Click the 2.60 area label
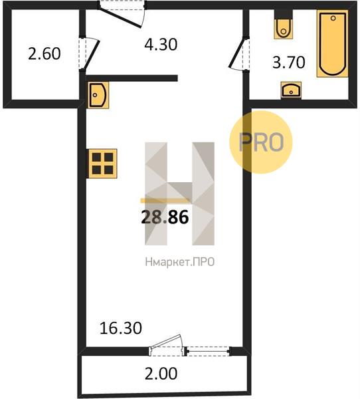(x=45, y=54)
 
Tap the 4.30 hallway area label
(x=161, y=45)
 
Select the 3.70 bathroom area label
(x=288, y=63)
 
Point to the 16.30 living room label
(x=121, y=329)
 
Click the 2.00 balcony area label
(x=161, y=374)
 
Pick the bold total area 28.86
(x=165, y=217)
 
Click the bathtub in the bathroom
(x=332, y=43)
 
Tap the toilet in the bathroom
(x=284, y=27)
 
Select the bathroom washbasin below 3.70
(x=291, y=90)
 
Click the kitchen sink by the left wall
(x=98, y=95)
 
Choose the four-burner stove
(x=102, y=164)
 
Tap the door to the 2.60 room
(x=90, y=55)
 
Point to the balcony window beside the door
(x=208, y=351)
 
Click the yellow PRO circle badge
(x=261, y=142)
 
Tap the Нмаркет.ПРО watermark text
(x=180, y=262)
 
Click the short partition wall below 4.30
(x=132, y=78)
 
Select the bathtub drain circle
(x=333, y=18)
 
